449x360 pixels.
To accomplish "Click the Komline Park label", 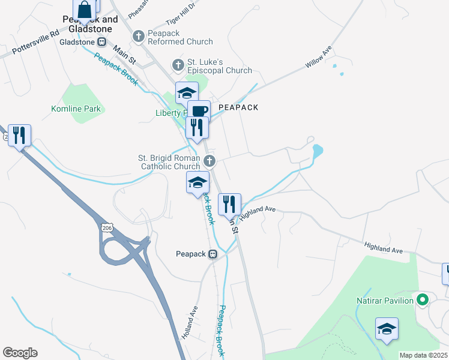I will click(x=76, y=109).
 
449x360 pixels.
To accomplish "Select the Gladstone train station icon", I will click(x=102, y=42).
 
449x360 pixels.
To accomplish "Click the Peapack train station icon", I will click(x=212, y=254).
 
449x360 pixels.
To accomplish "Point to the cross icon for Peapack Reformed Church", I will click(x=138, y=37).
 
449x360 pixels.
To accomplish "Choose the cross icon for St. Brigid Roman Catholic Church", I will click(x=209, y=161).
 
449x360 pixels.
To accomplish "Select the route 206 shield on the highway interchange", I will click(x=107, y=229).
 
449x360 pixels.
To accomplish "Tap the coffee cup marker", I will click(x=199, y=111).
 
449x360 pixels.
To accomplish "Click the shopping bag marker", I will click(x=85, y=10).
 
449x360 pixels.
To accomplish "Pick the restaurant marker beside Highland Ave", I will click(x=229, y=205).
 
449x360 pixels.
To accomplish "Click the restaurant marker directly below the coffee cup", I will click(x=197, y=127).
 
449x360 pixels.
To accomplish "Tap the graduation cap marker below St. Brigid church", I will click(x=197, y=182).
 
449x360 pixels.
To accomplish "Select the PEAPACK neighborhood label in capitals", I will click(x=238, y=107).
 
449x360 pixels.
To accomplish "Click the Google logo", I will click(x=20, y=353).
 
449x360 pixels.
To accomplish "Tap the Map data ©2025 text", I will click(x=423, y=355).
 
